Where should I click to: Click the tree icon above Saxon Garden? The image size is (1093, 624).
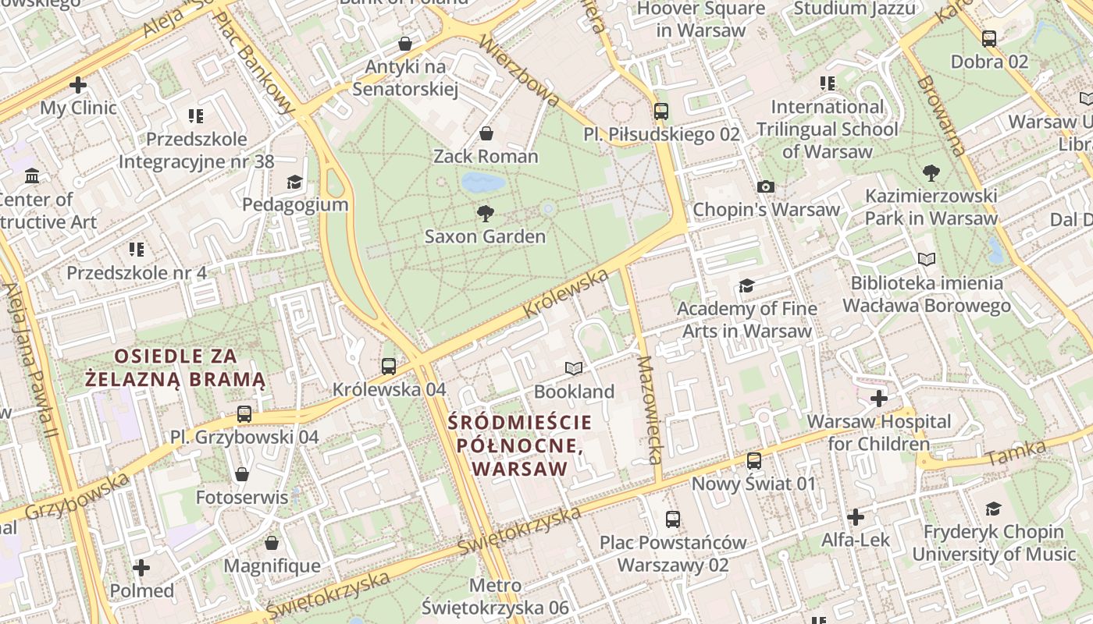click(485, 213)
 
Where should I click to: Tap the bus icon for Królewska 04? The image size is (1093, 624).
click(388, 366)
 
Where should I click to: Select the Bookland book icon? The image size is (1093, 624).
click(574, 368)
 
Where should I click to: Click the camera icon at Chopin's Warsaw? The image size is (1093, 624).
click(766, 186)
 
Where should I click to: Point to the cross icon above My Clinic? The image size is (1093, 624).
click(78, 84)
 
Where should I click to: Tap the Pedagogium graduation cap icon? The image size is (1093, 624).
click(294, 182)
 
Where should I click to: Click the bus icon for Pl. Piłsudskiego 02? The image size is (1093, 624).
click(661, 111)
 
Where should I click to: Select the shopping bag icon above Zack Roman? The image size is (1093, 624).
click(486, 133)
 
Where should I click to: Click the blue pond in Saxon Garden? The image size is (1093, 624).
click(482, 183)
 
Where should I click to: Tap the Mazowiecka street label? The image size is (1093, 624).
click(650, 410)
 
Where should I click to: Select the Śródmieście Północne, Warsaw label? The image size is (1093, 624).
click(520, 445)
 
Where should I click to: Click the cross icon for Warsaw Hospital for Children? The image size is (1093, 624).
click(879, 399)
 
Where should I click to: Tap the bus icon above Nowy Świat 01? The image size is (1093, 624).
click(753, 461)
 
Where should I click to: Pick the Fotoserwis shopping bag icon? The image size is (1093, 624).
click(242, 474)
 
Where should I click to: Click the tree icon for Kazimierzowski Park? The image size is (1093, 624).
click(931, 172)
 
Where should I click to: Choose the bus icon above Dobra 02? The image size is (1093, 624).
click(989, 38)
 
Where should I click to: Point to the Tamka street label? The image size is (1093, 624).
click(1016, 452)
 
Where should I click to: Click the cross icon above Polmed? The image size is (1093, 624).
click(141, 567)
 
